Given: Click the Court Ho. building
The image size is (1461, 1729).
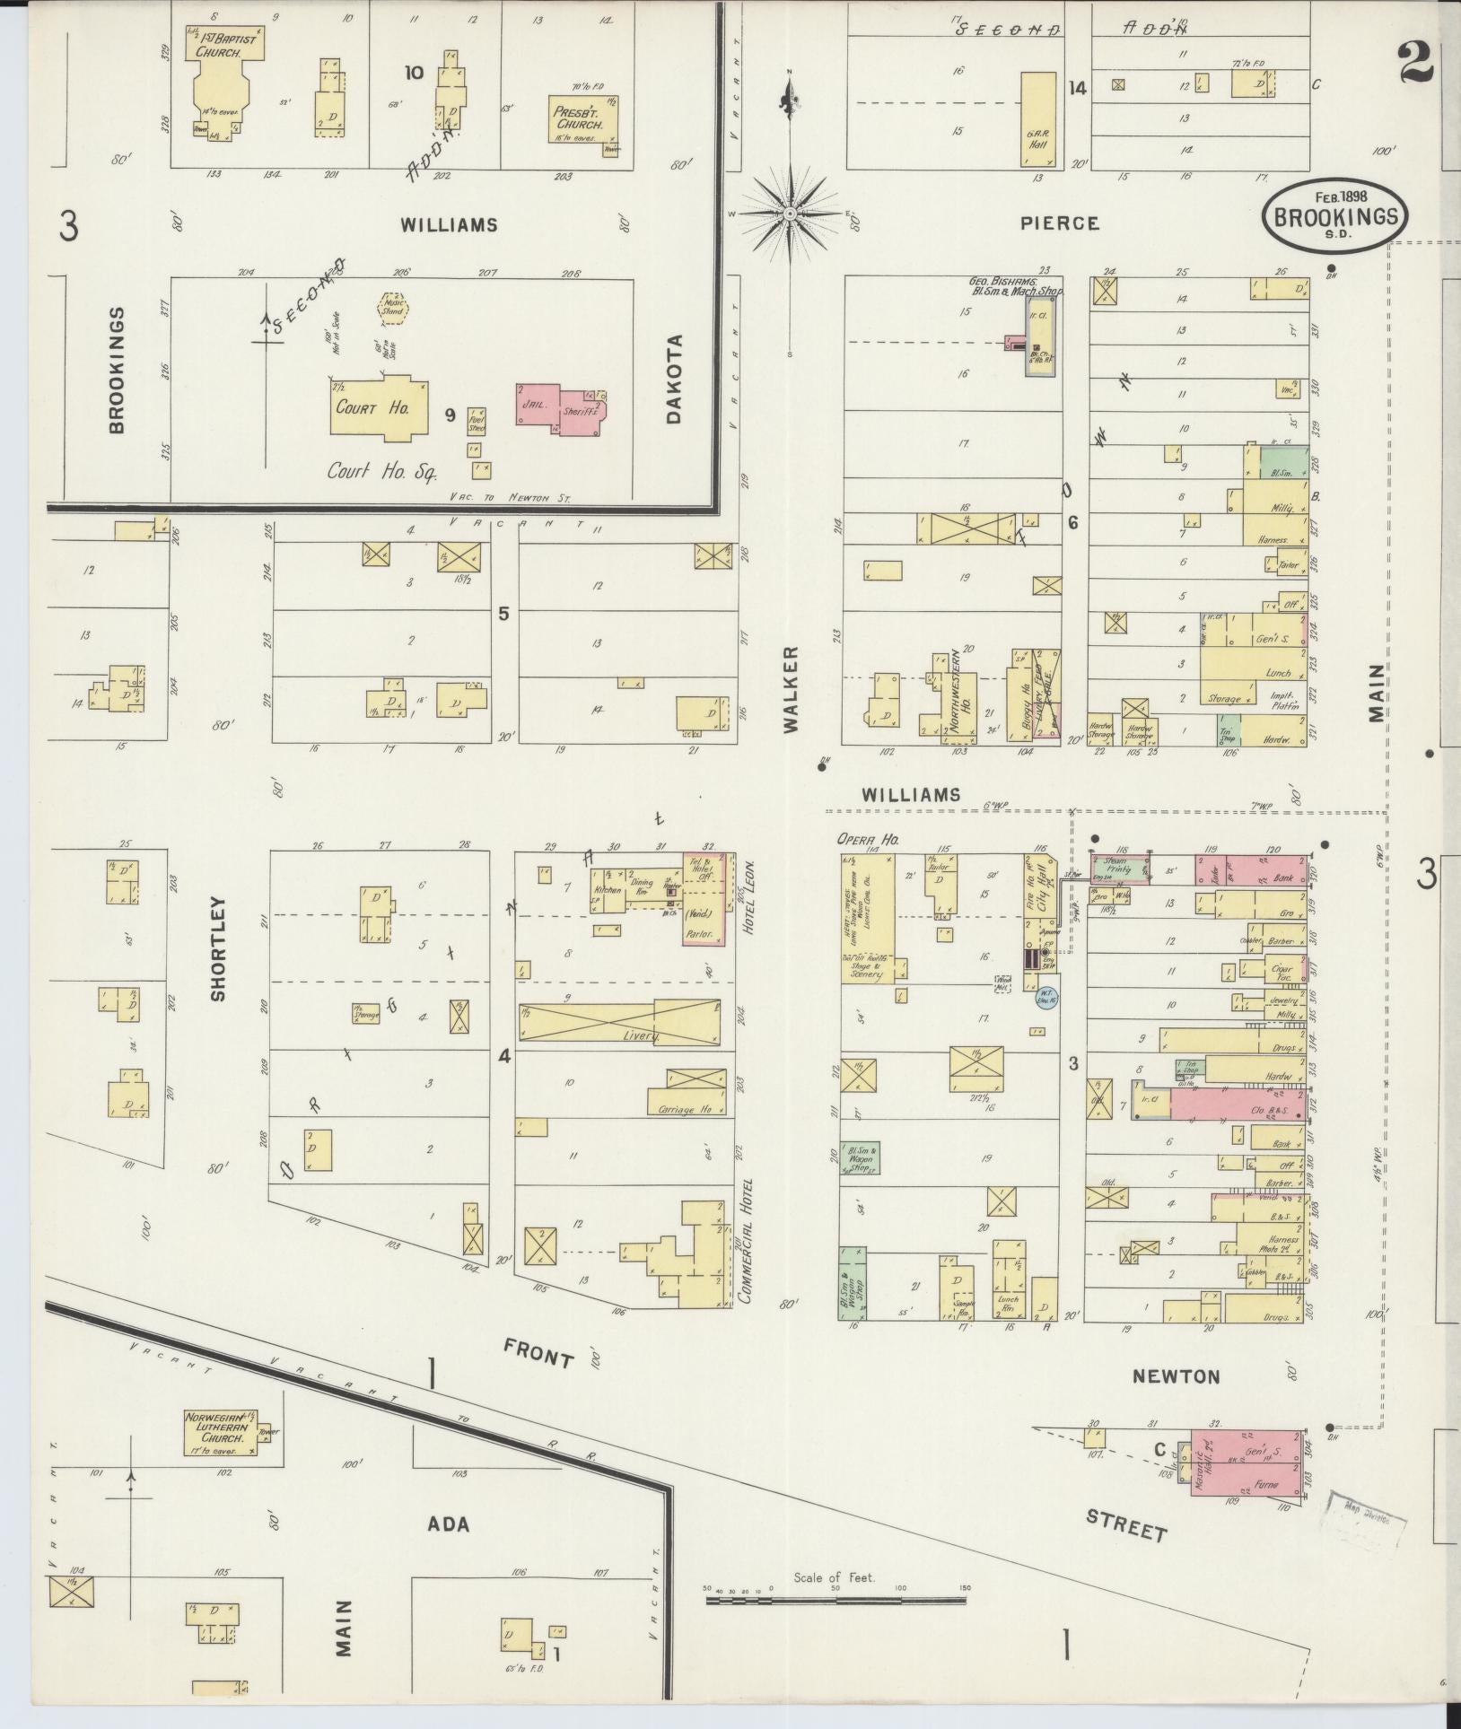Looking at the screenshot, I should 377,408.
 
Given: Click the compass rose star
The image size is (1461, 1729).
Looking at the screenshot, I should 789,214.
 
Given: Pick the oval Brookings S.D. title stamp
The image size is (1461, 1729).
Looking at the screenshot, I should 1334,216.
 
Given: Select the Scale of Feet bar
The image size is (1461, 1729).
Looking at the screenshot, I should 835,1600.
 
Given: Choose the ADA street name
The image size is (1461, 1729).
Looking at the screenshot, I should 449,1524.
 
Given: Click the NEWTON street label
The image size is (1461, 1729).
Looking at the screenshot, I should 1176,1375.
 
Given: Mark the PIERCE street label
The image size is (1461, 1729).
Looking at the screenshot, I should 1059,223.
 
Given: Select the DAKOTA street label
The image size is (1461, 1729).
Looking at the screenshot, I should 675,379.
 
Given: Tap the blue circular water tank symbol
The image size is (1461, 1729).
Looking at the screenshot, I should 1045,999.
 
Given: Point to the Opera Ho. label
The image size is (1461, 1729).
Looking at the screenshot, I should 868,840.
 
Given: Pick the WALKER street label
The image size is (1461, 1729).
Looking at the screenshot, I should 790,677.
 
